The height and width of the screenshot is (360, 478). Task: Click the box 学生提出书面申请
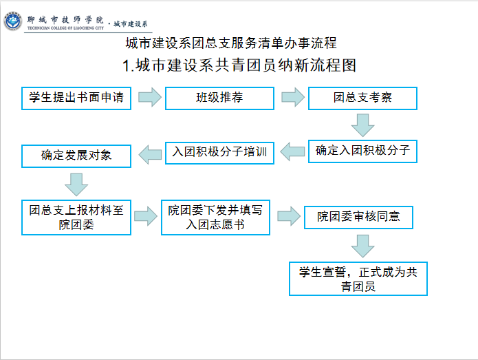[76, 98]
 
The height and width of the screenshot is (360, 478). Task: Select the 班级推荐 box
[219, 98]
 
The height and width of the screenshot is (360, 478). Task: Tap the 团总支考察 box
[362, 98]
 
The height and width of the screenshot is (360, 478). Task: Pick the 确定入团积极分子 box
[362, 151]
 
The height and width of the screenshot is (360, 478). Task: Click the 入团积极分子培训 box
[219, 153]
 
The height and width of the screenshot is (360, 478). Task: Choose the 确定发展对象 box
[76, 156]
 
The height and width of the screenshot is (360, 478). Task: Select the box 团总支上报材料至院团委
[76, 218]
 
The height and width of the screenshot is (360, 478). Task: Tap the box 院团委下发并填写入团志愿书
[215, 218]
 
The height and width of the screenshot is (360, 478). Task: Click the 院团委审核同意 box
[358, 218]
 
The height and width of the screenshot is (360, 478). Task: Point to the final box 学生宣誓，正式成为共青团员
[358, 279]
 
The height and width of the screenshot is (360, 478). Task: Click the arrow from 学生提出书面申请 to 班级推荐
[150, 97]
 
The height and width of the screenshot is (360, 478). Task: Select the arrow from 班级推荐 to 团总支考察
[293, 97]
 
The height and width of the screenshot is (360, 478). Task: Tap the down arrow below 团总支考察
[362, 125]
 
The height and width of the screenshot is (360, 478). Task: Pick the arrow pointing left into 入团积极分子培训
[292, 151]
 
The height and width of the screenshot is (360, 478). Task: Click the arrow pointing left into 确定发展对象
[150, 155]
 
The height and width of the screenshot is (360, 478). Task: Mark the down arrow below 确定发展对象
[76, 185]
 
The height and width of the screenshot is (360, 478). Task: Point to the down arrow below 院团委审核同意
[362, 246]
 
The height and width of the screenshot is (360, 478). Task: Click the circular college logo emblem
[13, 21]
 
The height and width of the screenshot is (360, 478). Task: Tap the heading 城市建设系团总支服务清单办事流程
[231, 43]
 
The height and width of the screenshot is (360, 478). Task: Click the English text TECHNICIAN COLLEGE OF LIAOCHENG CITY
[65, 28]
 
